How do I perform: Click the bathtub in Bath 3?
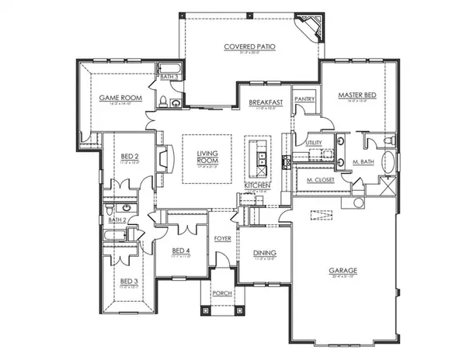coord(169,69)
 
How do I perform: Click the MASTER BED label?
coord(357,95)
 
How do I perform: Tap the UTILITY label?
coord(314,144)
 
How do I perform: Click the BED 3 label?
coord(127,282)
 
